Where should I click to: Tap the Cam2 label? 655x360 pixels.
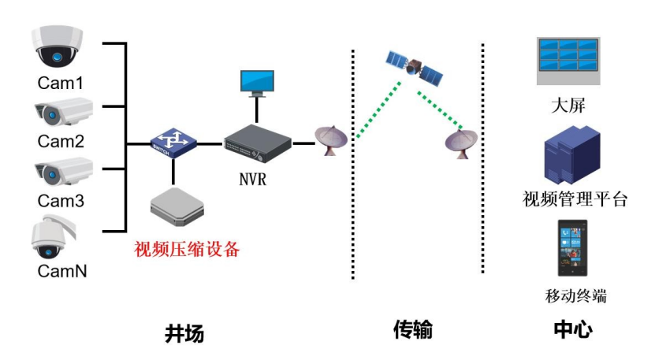click(x=61, y=142)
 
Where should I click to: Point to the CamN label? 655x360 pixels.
click(x=61, y=272)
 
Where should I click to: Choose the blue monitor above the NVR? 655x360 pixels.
click(x=257, y=84)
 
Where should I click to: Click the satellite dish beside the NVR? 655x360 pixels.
click(x=331, y=142)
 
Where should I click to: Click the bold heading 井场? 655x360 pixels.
click(x=184, y=333)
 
